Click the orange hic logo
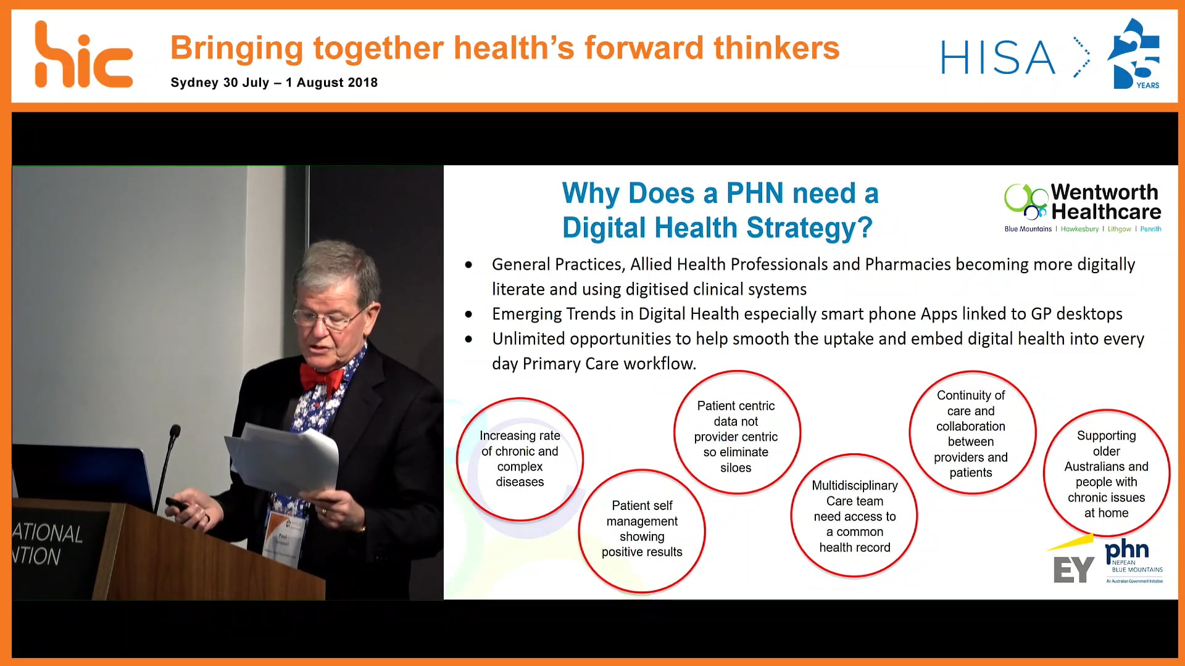pos(83,55)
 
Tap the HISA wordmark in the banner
pos(997,58)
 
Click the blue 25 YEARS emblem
pos(1134,54)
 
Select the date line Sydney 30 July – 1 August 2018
pos(274,83)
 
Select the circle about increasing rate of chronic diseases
pos(520,459)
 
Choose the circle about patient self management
pos(642,529)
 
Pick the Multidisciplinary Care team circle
pos(854,516)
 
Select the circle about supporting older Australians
pos(1106,474)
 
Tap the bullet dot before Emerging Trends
pos(469,314)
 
